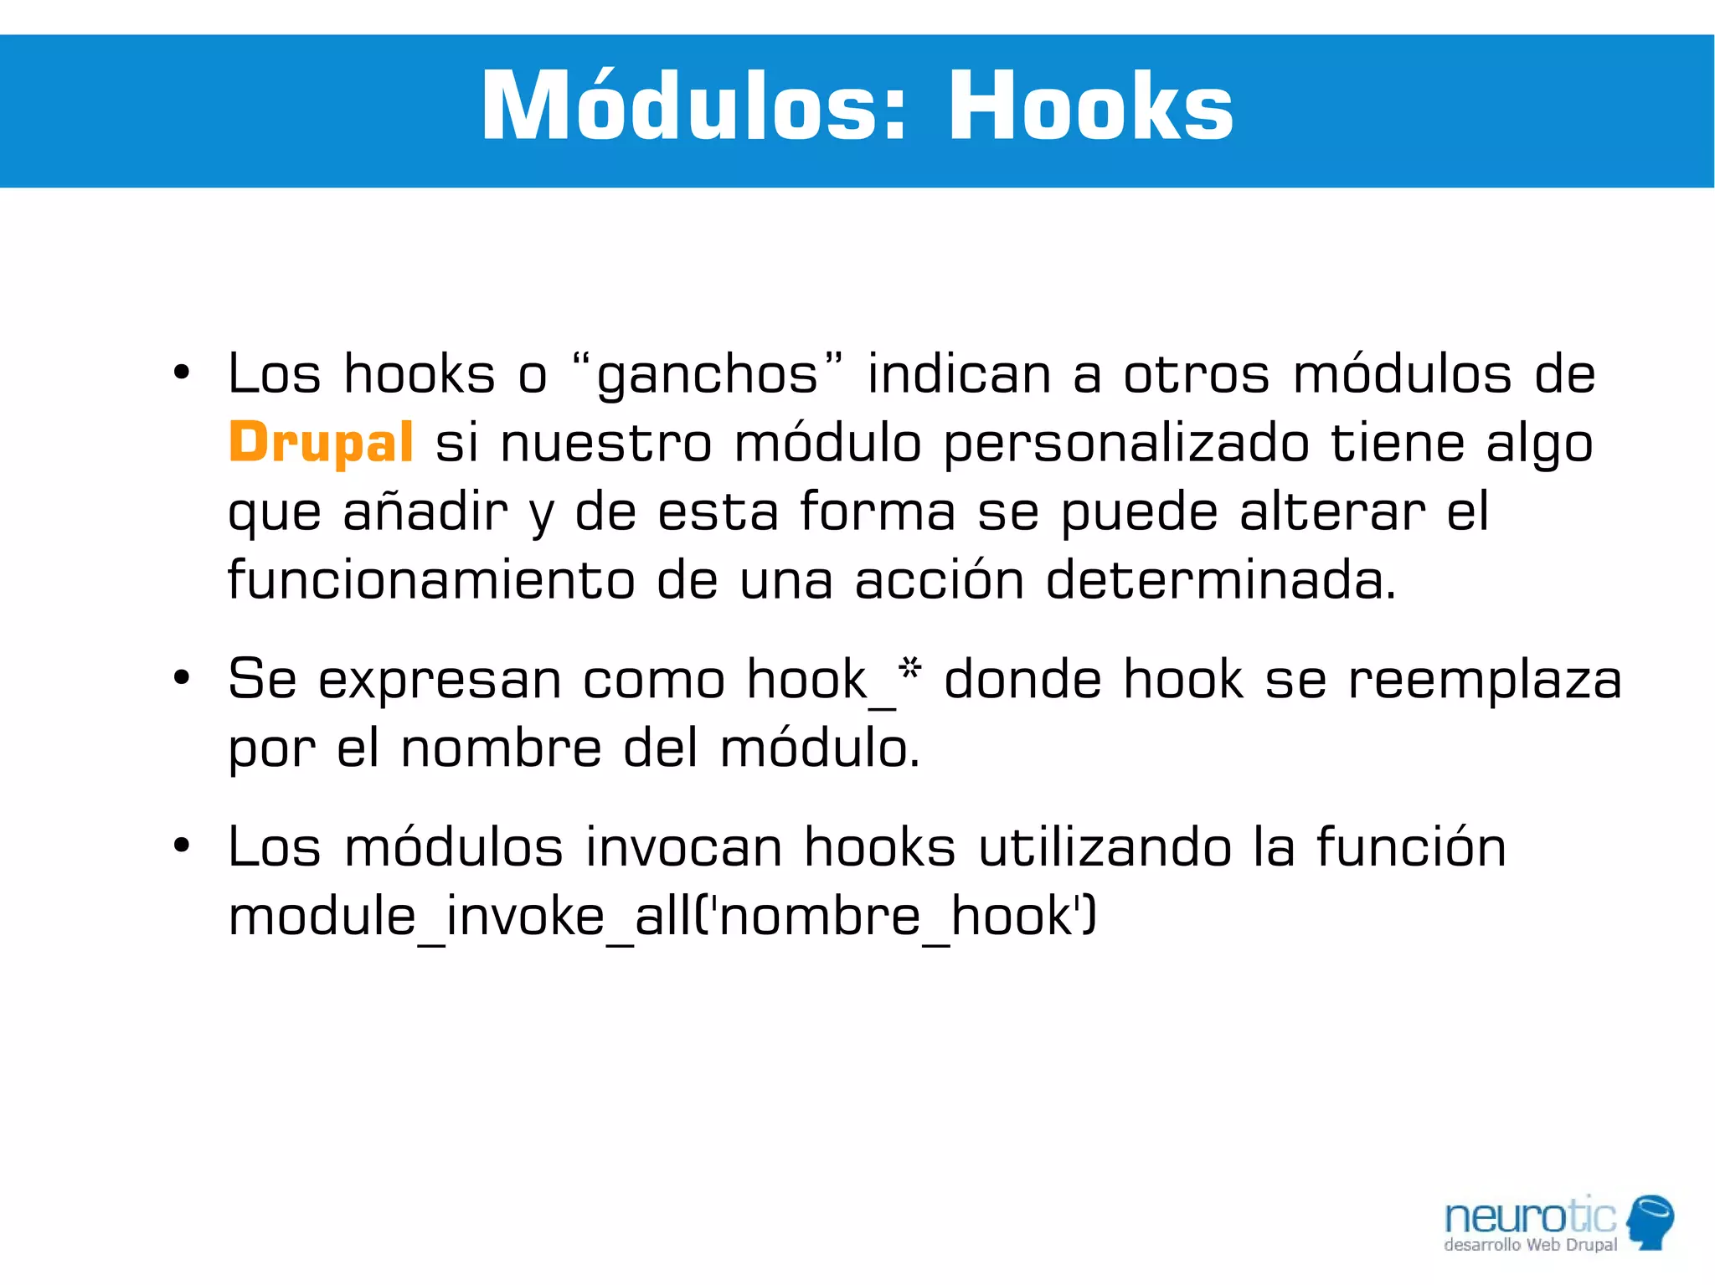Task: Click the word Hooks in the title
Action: [1090, 107]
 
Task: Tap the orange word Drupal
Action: [321, 442]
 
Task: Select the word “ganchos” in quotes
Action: [708, 373]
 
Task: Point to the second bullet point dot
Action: [182, 678]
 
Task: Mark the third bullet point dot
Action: [182, 846]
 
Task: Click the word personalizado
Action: [1126, 444]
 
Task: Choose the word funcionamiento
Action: [431, 579]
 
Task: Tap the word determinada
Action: [1221, 579]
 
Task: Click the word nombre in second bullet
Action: [501, 748]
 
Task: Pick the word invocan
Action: [682, 847]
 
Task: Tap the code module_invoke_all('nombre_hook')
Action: [662, 917]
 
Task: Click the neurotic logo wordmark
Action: [1530, 1216]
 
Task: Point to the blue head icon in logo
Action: [1651, 1221]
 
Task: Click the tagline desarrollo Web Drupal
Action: [1530, 1245]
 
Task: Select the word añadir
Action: [425, 512]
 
